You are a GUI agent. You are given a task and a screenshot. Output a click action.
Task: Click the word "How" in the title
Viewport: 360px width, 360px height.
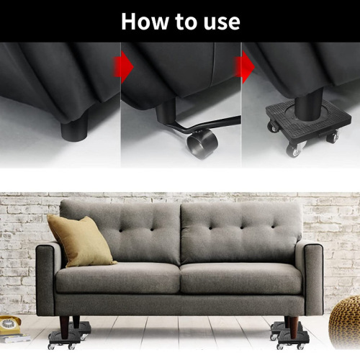[x=144, y=21]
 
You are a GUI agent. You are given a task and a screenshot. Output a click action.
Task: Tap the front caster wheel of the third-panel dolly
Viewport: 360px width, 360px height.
[x=294, y=150]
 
